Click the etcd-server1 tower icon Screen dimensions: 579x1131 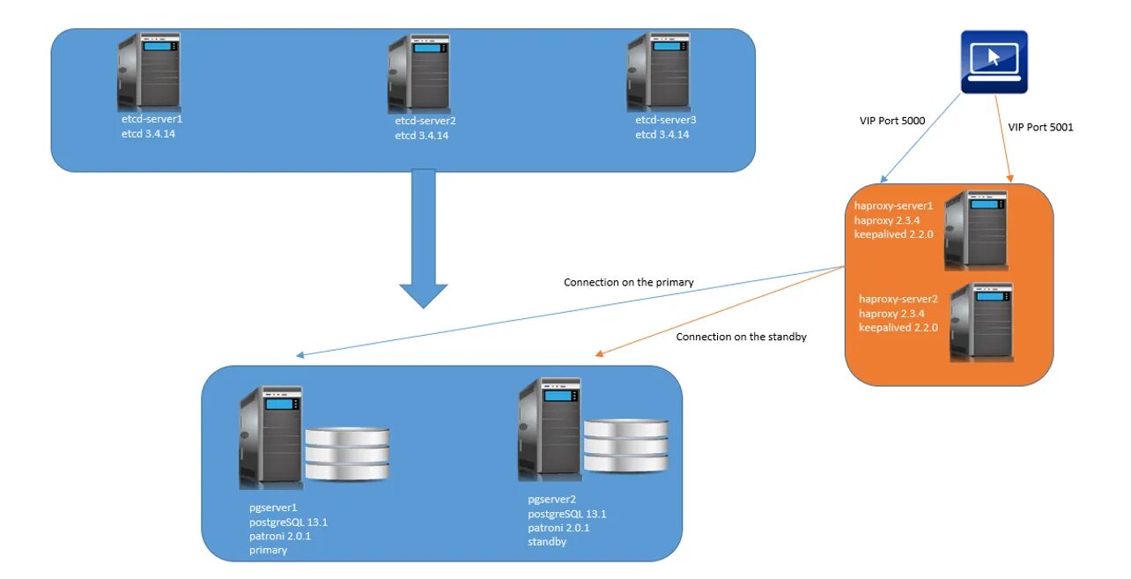[149, 72]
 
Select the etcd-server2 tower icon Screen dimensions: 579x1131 [418, 73]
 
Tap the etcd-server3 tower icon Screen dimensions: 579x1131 [658, 72]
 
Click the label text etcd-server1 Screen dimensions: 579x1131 [152, 118]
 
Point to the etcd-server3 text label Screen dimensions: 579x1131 [666, 119]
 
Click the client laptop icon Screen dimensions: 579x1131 [994, 61]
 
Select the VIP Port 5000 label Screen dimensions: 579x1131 [892, 121]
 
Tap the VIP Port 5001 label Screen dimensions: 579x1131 [1040, 127]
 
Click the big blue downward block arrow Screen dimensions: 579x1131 [424, 238]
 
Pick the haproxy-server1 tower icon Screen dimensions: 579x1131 [975, 229]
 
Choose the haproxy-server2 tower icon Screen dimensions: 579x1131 [981, 323]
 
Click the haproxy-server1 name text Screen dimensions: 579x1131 [893, 205]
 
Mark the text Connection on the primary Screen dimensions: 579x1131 [629, 283]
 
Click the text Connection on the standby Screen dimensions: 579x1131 [742, 337]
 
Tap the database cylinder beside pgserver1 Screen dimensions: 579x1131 [347, 454]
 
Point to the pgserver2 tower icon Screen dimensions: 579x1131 [550, 428]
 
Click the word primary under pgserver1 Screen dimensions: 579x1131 [268, 550]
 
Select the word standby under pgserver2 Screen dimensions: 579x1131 [547, 542]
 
